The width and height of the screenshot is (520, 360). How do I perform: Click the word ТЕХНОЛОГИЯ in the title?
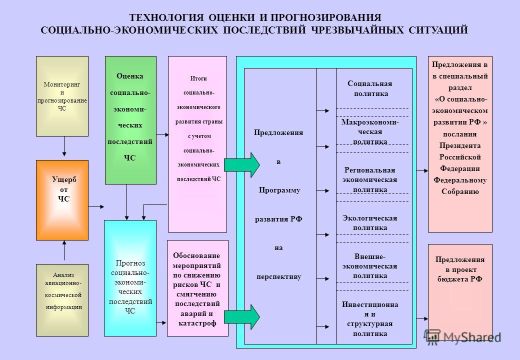pyautogui.click(x=166, y=17)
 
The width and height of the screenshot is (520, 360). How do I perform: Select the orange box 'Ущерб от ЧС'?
pyautogui.click(x=62, y=200)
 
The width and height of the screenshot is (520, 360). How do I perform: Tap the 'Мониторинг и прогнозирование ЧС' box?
pyautogui.click(x=62, y=96)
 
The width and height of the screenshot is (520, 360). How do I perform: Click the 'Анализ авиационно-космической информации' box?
pyautogui.click(x=62, y=300)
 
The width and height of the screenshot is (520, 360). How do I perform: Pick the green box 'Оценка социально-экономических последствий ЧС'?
pyautogui.click(x=130, y=120)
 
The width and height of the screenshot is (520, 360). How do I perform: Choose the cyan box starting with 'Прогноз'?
pyautogui.click(x=130, y=278)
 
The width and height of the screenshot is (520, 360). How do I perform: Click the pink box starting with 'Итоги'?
pyautogui.click(x=197, y=144)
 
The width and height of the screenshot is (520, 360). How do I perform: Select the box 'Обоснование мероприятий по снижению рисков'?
pyautogui.click(x=197, y=288)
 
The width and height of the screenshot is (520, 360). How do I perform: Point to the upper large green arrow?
pyautogui.click(x=242, y=165)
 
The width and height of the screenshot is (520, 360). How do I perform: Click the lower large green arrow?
pyautogui.click(x=242, y=317)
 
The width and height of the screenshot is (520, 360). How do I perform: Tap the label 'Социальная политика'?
pyautogui.click(x=370, y=88)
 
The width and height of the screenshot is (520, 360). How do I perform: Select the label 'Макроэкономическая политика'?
pyautogui.click(x=370, y=131)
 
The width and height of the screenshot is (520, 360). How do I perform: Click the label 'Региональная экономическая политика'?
pyautogui.click(x=370, y=179)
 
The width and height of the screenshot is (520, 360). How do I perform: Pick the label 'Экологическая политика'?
pyautogui.click(x=370, y=223)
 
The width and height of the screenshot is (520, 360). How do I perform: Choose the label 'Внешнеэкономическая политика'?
pyautogui.click(x=370, y=266)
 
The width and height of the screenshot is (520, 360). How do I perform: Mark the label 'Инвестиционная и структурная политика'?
pyautogui.click(x=370, y=319)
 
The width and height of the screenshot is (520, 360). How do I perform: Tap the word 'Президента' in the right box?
pyautogui.click(x=460, y=145)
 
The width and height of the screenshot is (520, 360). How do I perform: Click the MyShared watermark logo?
pyautogui.click(x=462, y=337)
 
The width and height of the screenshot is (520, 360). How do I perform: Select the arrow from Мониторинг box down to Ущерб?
pyautogui.click(x=64, y=146)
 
